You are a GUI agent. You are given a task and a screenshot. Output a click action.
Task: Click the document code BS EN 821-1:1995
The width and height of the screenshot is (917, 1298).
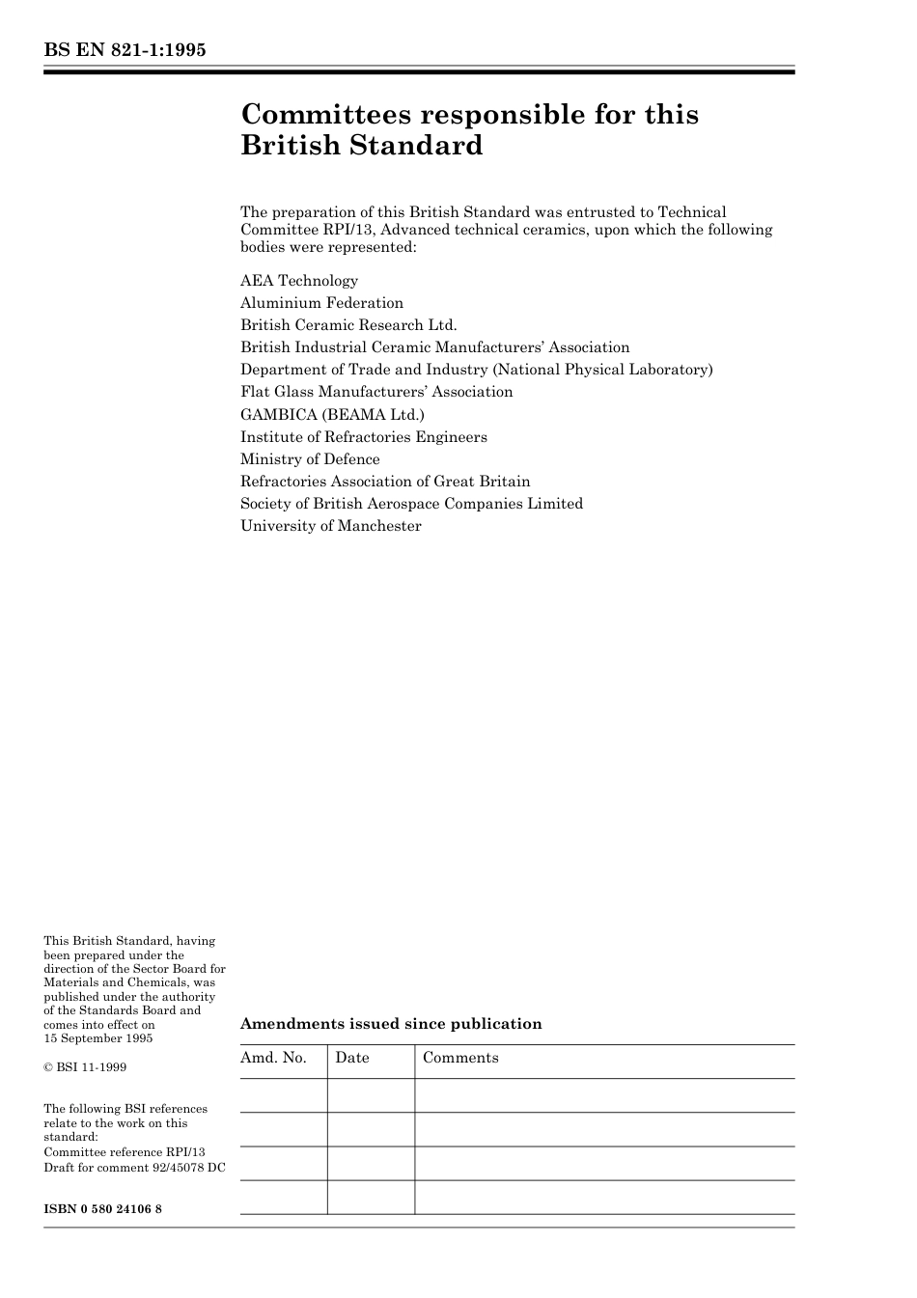125,50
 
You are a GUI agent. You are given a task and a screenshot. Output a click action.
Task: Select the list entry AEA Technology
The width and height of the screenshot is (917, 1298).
299,281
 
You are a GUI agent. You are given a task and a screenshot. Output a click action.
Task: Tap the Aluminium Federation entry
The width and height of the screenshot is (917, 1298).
321,303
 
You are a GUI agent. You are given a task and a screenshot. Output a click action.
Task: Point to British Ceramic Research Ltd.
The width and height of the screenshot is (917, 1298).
348,325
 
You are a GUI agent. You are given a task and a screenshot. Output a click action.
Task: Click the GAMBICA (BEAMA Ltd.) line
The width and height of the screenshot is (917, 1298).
332,415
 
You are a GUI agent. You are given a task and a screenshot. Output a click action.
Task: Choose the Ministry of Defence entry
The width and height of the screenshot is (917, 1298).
310,459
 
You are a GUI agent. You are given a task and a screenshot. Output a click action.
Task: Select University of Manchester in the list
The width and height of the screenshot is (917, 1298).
331,526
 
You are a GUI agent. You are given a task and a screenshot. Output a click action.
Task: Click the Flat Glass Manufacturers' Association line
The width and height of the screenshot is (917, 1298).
376,392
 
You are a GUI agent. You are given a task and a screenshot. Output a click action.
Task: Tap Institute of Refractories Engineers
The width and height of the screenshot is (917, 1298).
364,437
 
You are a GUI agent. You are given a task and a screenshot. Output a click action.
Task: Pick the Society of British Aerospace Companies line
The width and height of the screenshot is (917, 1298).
411,504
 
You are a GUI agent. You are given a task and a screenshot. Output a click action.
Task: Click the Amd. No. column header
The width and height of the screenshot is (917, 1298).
273,1058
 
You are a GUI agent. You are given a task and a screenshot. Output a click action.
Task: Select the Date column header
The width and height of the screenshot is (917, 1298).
352,1058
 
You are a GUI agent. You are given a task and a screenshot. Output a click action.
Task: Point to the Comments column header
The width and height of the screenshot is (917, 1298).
460,1058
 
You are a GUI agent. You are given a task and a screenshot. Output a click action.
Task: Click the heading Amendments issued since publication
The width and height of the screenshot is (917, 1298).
391,1024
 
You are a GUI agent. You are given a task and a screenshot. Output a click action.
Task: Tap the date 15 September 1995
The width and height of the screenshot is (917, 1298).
97,1038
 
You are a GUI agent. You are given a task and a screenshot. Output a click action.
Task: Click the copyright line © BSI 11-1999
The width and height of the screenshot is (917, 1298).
85,1067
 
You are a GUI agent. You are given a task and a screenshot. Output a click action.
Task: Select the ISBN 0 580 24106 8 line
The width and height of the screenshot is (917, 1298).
102,1209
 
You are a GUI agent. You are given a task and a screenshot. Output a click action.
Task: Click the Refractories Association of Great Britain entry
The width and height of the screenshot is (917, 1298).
385,482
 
